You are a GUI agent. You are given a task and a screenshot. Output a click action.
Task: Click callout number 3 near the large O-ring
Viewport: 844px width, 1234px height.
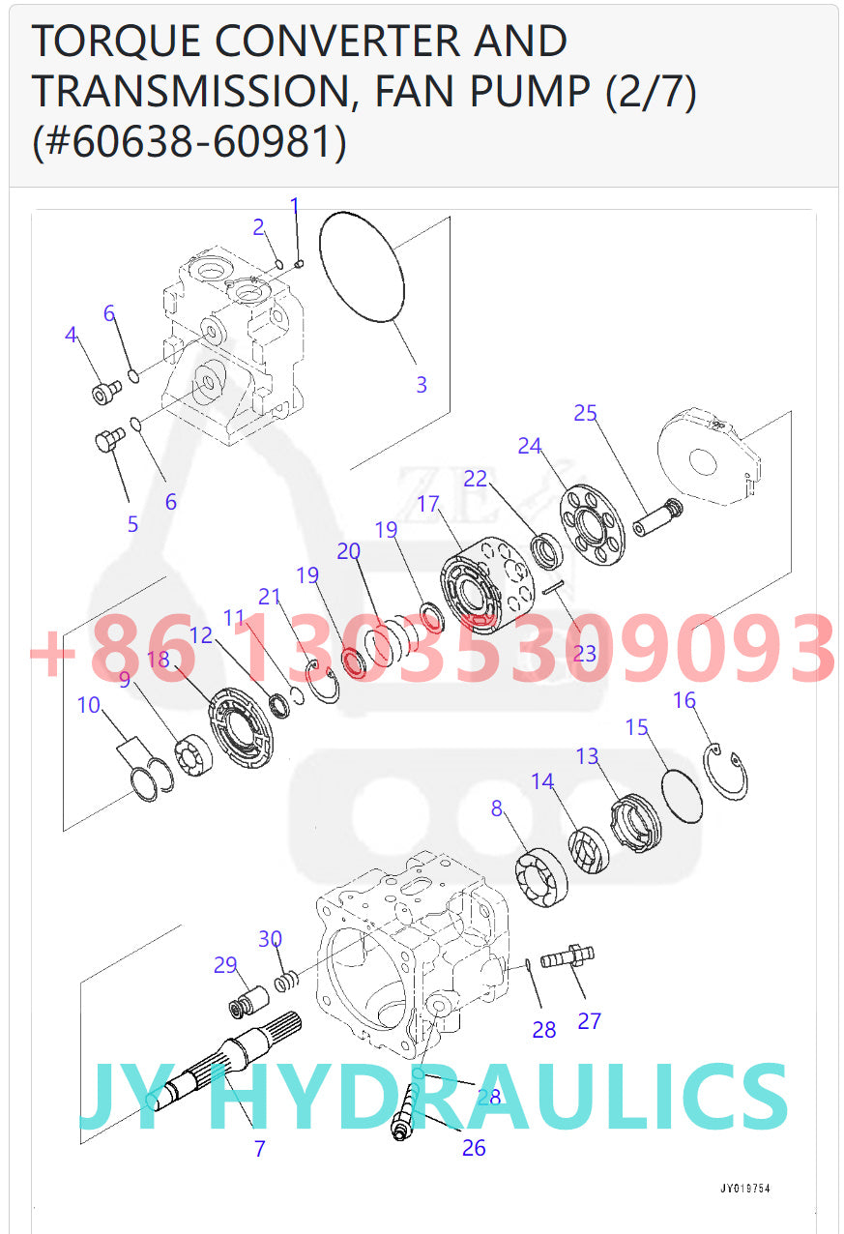coord(422,384)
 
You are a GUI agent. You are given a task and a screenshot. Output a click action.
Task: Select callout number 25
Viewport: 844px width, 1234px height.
coord(585,414)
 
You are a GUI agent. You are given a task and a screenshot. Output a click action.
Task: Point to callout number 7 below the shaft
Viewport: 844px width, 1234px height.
coord(259,1149)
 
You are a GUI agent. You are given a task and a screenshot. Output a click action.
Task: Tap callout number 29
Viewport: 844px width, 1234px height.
coord(225,965)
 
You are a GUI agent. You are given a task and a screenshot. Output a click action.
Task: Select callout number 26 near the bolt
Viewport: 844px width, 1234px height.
coord(474,1148)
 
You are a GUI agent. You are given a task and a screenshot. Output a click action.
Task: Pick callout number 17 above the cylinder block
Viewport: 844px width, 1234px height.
coord(428,504)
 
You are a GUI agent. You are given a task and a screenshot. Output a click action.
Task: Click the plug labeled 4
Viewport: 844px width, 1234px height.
coord(105,392)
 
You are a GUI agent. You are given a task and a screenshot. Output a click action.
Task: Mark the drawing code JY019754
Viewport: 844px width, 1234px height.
coord(743,1189)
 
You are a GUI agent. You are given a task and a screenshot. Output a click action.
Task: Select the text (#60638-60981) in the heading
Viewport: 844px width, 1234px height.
coord(189,142)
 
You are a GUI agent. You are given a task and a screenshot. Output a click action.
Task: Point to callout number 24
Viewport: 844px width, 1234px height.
coord(529,446)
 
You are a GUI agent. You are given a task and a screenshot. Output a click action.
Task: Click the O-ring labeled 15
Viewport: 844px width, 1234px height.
coord(683,794)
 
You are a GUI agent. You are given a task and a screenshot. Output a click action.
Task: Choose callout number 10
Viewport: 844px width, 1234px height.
coord(89,704)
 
